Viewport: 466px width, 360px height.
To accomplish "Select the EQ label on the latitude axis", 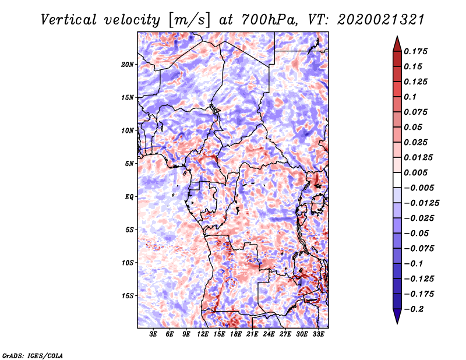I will click(x=129, y=196).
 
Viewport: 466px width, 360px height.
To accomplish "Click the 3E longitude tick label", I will click(x=154, y=334).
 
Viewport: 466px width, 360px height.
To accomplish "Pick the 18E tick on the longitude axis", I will click(x=236, y=334).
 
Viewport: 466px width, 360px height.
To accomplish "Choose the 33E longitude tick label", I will click(x=318, y=334).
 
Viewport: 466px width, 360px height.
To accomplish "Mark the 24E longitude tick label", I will click(x=269, y=334).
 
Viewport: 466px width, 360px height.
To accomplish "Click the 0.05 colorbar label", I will click(x=414, y=127).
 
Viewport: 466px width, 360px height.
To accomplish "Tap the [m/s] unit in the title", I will click(x=188, y=20).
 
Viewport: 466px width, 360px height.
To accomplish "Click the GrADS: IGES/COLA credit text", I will click(x=32, y=355).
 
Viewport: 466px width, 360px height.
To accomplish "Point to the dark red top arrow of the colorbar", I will click(x=397, y=42).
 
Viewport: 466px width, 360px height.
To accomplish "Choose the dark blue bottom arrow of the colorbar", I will click(x=397, y=316).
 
